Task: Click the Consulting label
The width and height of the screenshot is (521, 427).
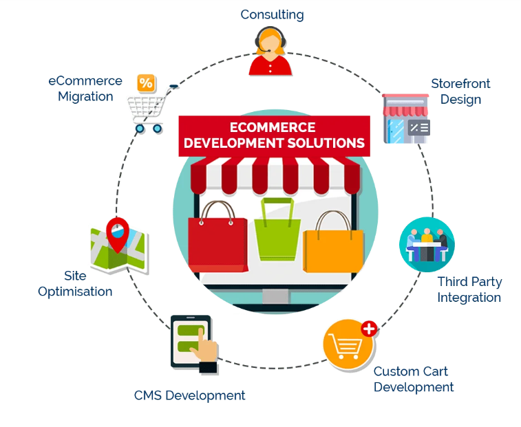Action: [272, 14]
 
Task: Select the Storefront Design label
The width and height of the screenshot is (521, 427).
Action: [460, 91]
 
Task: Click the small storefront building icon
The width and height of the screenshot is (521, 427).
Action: [406, 118]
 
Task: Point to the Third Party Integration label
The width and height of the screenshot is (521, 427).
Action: [469, 289]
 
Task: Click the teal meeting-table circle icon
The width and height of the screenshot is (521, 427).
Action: [427, 244]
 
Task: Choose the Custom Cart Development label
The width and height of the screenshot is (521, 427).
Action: [413, 379]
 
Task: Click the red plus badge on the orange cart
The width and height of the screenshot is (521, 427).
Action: [369, 329]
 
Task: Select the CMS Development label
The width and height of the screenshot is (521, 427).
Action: [189, 395]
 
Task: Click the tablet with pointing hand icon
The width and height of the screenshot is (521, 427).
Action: [193, 344]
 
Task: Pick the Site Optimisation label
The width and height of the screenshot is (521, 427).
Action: [75, 283]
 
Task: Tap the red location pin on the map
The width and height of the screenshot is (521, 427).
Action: [119, 234]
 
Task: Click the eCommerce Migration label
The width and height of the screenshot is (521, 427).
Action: [85, 89]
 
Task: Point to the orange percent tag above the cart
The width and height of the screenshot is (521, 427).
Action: [145, 83]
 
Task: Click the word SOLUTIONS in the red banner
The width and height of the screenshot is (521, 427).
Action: [325, 143]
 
